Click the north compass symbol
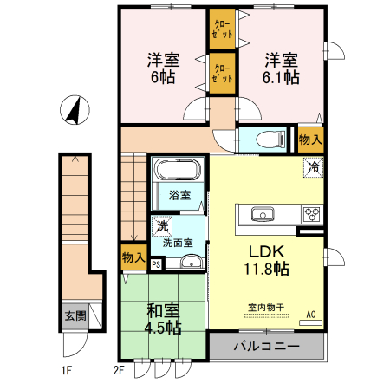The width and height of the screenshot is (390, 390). pyautogui.click(x=75, y=112)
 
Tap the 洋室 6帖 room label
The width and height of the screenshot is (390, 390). pyautogui.click(x=162, y=68)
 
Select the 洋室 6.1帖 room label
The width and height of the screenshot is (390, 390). pyautogui.click(x=282, y=68)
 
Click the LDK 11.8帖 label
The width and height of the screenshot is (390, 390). pyautogui.click(x=270, y=259)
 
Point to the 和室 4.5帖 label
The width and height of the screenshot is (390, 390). pyautogui.click(x=162, y=317)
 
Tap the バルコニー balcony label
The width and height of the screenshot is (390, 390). pyautogui.click(x=268, y=348)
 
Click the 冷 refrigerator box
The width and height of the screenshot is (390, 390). pyautogui.click(x=312, y=167)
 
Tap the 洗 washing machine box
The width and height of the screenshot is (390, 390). pyautogui.click(x=162, y=226)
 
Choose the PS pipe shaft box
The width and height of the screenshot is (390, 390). pyautogui.click(x=156, y=265)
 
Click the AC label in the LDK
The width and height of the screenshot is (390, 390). pyautogui.click(x=311, y=317)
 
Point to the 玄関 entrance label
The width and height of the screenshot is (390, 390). pyautogui.click(x=74, y=316)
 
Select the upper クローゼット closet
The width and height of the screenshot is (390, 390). pyautogui.click(x=221, y=27)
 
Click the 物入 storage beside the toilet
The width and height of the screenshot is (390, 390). pyautogui.click(x=310, y=139)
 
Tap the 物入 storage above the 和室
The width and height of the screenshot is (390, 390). pyautogui.click(x=133, y=258)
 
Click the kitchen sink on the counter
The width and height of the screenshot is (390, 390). pyautogui.click(x=261, y=214)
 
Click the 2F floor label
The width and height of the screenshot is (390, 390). pyautogui.click(x=120, y=371)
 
